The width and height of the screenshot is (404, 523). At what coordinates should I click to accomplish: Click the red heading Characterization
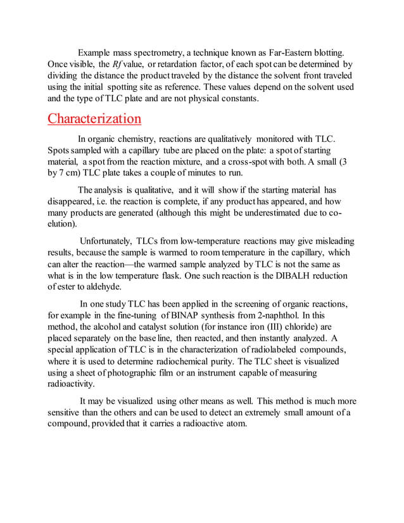[x=94, y=119]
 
